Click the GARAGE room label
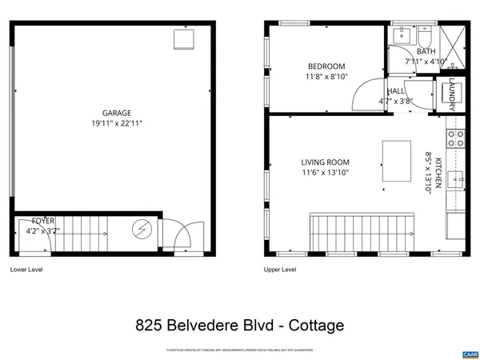[x=116, y=114]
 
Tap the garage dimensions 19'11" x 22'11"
[x=116, y=124]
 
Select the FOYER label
[x=43, y=220]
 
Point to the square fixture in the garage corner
[x=185, y=39]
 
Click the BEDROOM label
[x=326, y=66]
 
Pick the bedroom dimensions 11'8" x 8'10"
[x=326, y=77]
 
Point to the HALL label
[x=395, y=92]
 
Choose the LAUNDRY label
[x=452, y=94]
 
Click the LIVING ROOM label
[x=325, y=162]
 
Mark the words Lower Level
[x=26, y=270]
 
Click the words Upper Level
[x=280, y=270]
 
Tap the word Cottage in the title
[x=312, y=326]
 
